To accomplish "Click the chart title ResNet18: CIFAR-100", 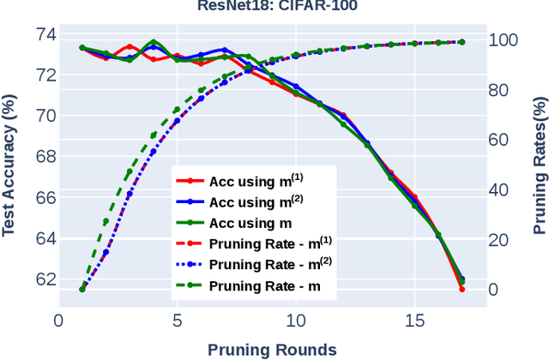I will click(274, 8).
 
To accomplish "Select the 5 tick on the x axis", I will click(177, 321).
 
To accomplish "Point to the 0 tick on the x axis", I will click(58, 321).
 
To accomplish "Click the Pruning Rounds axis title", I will click(271, 349).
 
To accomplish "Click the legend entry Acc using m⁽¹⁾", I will click(254, 182).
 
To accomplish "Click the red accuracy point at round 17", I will click(462, 289).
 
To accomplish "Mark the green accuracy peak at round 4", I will click(154, 41).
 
